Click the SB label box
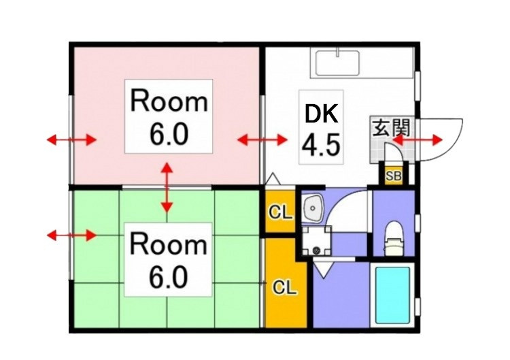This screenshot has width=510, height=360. click(x=393, y=176)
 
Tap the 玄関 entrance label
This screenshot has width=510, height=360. click(x=390, y=127)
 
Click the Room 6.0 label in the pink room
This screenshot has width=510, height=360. click(x=169, y=116)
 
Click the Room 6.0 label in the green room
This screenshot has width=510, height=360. click(x=168, y=260)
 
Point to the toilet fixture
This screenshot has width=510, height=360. click(x=394, y=239)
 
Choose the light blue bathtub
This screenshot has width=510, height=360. click(x=392, y=295)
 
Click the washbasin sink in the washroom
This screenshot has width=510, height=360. click(x=312, y=208)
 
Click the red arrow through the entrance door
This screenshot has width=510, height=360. click(x=418, y=140)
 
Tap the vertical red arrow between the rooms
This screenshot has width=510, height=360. click(x=167, y=188)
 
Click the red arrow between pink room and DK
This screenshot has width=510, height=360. click(x=262, y=140)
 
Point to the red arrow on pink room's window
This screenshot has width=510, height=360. click(x=71, y=140)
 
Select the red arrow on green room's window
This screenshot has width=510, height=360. click(x=71, y=235)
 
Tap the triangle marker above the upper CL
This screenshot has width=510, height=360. click(x=273, y=180)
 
